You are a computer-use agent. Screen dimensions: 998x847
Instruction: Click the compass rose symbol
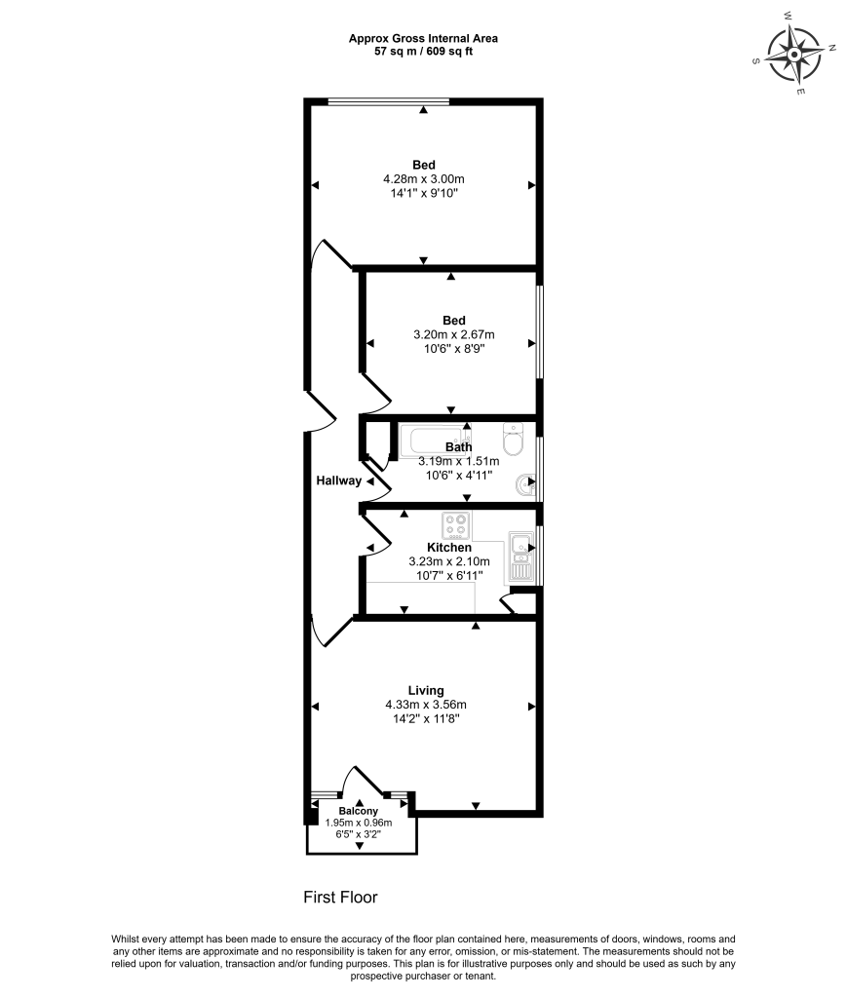794,54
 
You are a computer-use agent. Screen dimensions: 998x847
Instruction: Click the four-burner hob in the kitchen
455,525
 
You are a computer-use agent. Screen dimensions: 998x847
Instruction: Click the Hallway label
338,480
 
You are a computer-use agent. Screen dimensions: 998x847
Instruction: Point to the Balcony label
358,811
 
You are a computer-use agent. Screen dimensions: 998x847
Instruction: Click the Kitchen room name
448,548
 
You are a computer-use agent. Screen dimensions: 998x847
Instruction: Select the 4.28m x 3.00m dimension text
423,179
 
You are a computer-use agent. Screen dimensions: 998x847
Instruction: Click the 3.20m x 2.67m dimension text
453,334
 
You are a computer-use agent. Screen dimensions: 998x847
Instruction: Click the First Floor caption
339,897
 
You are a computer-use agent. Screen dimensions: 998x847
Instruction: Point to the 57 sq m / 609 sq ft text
423,51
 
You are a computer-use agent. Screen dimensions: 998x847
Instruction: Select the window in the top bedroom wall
388,99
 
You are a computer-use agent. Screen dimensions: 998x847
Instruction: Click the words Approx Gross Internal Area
423,38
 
